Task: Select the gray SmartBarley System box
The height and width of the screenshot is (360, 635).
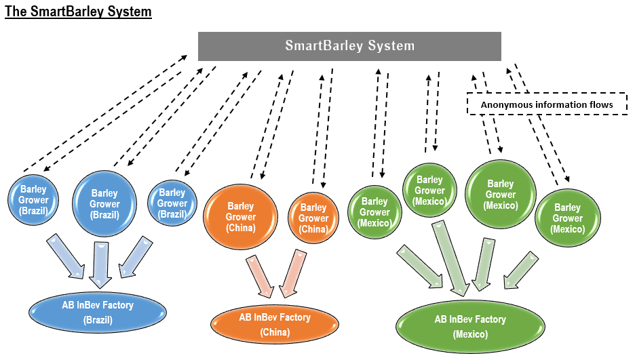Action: tap(349, 46)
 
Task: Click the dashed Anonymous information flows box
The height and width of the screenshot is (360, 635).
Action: tap(546, 104)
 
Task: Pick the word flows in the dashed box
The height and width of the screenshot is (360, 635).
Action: tap(600, 104)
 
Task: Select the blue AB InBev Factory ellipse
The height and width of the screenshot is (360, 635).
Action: tap(98, 311)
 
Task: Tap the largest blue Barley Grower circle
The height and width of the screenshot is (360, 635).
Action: tap(104, 203)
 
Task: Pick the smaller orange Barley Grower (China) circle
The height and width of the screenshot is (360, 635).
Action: tap(313, 218)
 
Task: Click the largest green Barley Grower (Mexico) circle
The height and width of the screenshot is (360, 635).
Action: tap(501, 195)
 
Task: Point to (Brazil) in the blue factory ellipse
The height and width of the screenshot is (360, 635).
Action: tap(98, 319)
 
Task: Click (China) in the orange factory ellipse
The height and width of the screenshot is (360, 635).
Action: tap(275, 333)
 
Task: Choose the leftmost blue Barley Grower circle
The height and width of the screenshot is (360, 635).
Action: tap(33, 199)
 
